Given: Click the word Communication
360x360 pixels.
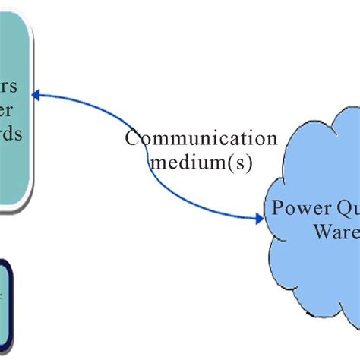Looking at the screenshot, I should (x=201, y=138).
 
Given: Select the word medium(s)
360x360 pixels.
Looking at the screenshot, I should (x=201, y=161).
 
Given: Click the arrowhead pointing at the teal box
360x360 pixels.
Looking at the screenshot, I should (x=36, y=95).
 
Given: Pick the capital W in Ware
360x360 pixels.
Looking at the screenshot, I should (x=322, y=230).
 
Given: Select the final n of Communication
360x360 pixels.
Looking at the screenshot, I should (x=271, y=139).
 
